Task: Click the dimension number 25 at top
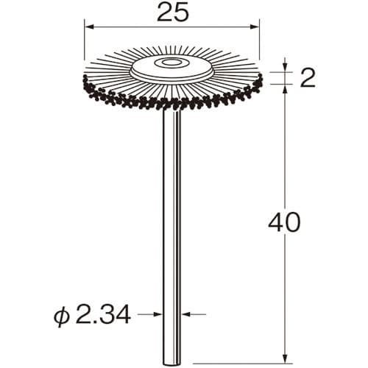click(172, 12)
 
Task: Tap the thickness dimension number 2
click(308, 78)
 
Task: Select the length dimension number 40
click(284, 222)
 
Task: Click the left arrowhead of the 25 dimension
click(89, 27)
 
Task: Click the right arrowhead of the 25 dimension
click(255, 27)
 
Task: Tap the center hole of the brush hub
click(169, 63)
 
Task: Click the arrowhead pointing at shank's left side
click(158, 314)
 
